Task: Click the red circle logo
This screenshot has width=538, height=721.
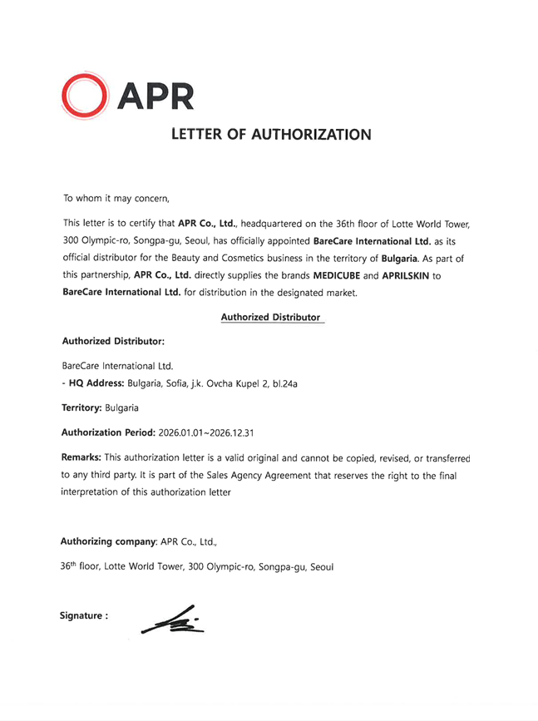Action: [x=84, y=95]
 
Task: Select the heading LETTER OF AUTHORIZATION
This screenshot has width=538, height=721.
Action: [x=270, y=134]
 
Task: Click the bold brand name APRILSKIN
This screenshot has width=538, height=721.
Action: [x=406, y=274]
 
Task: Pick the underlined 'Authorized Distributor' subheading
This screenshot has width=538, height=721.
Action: [x=271, y=317]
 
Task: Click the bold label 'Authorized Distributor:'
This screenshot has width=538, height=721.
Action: [x=113, y=341]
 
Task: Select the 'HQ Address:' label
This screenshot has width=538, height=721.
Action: [x=96, y=383]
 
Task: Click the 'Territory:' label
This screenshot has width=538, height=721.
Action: [x=82, y=408]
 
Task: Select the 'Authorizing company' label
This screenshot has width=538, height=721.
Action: [x=109, y=541]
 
